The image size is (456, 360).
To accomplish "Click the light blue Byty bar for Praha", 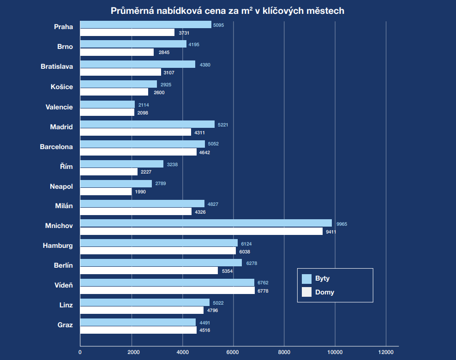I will (x=145, y=25).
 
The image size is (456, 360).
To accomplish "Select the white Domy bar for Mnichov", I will (x=201, y=231).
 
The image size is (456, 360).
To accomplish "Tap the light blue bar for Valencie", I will (x=108, y=105).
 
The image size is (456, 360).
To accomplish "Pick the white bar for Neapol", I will (x=106, y=192).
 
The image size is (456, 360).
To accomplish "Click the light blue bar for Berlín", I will (x=161, y=263).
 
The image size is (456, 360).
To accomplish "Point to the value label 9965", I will (x=342, y=224).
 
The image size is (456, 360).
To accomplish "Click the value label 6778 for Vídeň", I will (x=263, y=291).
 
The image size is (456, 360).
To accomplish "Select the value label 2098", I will (x=143, y=113).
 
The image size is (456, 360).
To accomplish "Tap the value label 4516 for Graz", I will (x=204, y=330).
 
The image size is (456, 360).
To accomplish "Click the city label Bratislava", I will (x=57, y=66).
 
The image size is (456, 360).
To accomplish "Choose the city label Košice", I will (x=62, y=86).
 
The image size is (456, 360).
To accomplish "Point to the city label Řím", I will (x=66, y=166).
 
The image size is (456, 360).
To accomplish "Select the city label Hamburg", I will (x=58, y=246).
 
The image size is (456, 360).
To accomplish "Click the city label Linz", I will (x=66, y=305).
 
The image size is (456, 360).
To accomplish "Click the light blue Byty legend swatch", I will (x=307, y=279).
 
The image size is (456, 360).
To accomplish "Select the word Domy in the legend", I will (x=324, y=292).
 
